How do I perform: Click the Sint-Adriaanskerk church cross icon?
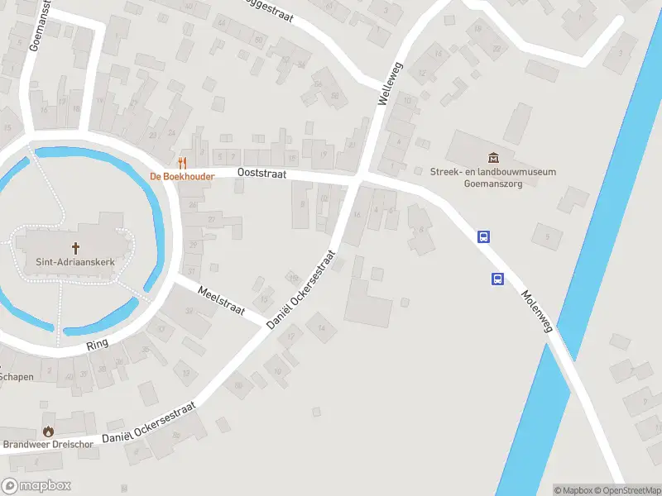coord(76,247)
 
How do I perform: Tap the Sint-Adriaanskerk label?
coord(76,262)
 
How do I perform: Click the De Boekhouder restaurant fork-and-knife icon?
coord(183,163)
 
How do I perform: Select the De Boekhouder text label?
coord(182,176)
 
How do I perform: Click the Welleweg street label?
coord(389,83)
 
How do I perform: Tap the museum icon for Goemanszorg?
coord(493,158)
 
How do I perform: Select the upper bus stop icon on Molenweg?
coord(484,236)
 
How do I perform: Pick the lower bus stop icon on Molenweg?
coord(498,279)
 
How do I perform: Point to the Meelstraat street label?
coord(222,299)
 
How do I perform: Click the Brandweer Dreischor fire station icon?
coord(48,431)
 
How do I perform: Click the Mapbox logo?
coord(36,486)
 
